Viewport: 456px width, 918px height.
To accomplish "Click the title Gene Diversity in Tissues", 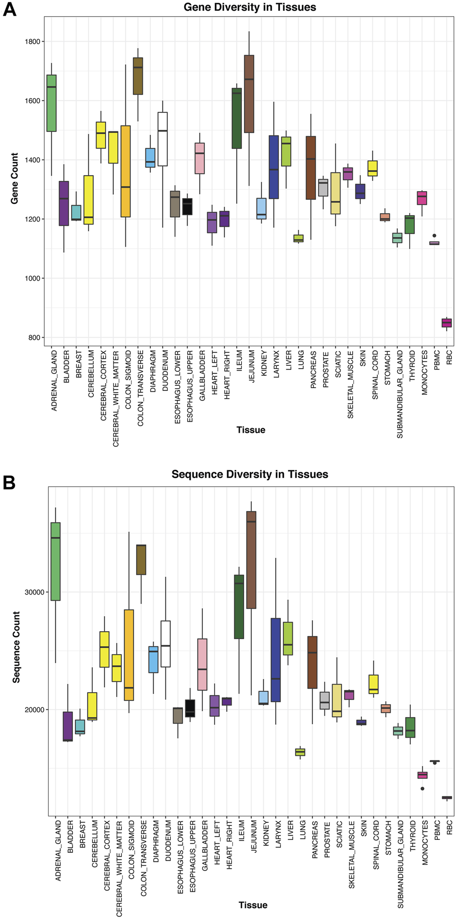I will coord(250,7).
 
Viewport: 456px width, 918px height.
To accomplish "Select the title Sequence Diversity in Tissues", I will coord(250,475).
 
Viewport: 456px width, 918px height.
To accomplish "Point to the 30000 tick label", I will coord(34,592).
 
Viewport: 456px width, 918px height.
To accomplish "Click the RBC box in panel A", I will coord(447,323).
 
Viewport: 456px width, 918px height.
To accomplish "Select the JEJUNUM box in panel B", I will coord(251,560).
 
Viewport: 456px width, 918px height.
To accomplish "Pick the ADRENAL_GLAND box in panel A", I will coord(51,103).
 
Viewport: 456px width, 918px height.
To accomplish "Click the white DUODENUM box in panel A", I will coord(163,139).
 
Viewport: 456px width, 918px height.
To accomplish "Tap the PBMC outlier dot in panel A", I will coord(434,236).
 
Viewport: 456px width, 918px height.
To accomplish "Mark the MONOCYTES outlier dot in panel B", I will coord(423,788).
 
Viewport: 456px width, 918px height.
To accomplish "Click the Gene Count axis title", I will coord(14,178).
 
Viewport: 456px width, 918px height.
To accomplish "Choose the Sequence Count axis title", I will coord(17,647).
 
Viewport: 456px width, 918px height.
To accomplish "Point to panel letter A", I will coord(9,10).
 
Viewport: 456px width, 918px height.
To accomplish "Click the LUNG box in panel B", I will coord(300,752).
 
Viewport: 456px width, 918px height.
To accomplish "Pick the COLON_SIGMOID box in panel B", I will coord(129,655).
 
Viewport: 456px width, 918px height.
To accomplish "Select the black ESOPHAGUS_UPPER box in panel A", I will coord(187,207).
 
